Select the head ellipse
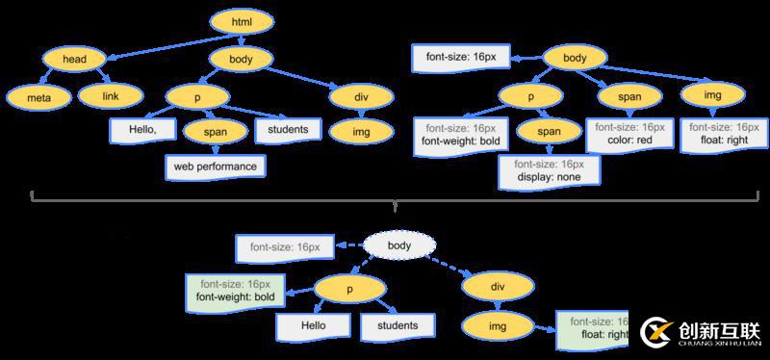click(75, 60)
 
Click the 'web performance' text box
click(215, 166)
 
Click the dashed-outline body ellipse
click(398, 246)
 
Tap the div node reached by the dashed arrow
click(497, 286)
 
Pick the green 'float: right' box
click(593, 328)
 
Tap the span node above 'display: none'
click(549, 132)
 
